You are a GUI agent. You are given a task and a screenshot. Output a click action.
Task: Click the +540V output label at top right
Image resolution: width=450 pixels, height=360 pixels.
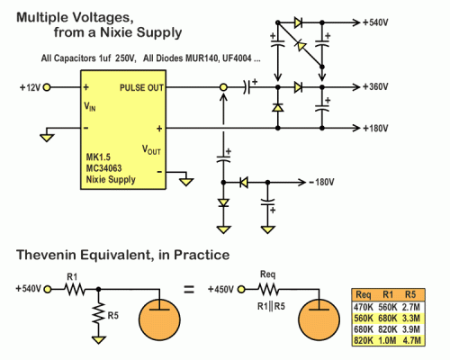(375, 22)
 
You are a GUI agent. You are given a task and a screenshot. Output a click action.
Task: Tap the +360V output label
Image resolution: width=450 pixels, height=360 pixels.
(375, 87)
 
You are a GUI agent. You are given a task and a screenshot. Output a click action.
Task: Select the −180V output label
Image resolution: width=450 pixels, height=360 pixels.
(321, 182)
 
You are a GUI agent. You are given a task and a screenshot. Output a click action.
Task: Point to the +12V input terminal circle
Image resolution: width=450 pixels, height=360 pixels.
(47, 87)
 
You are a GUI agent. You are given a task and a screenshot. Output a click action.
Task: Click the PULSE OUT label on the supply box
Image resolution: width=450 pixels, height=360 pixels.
(141, 87)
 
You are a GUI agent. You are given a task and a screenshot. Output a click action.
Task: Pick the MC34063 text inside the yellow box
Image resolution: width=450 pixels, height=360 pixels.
(103, 168)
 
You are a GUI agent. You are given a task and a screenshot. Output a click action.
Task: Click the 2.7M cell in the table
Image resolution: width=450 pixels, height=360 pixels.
(411, 307)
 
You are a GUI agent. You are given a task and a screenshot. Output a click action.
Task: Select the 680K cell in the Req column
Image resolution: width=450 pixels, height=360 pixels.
(364, 329)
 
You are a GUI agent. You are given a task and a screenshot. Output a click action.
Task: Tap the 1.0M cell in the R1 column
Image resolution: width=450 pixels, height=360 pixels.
(387, 340)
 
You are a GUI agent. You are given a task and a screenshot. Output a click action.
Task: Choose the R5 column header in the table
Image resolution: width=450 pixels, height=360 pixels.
(410, 294)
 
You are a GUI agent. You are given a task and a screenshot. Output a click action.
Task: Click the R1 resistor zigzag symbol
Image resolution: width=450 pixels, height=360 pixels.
(75, 290)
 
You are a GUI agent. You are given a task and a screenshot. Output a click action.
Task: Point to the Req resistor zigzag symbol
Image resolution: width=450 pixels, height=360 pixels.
(268, 290)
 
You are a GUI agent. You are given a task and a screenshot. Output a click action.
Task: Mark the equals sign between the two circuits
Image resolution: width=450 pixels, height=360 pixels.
(189, 290)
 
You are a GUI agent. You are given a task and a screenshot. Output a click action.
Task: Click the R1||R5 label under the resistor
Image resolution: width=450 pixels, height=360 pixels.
(271, 306)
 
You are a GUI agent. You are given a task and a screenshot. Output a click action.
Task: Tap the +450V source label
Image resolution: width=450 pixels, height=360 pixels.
(220, 290)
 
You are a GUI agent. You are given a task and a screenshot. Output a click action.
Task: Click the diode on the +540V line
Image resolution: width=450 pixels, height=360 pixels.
(298, 22)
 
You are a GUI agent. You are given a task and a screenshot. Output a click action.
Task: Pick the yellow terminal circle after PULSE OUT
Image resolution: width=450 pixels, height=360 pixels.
(223, 87)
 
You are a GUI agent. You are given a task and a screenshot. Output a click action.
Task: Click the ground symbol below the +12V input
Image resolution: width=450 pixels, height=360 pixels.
(47, 138)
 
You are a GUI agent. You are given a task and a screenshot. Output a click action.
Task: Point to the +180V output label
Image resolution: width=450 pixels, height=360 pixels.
(375, 129)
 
